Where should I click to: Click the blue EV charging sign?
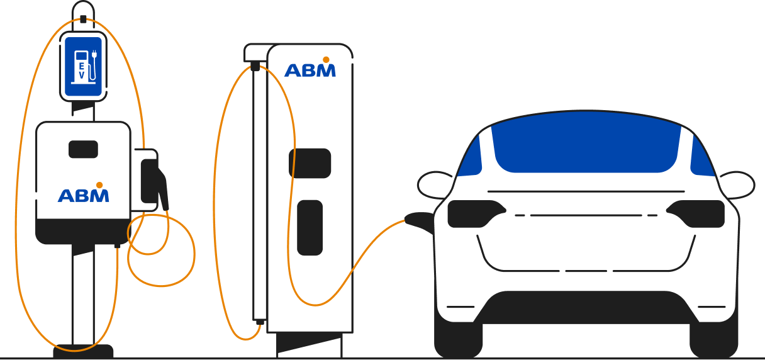point(83,66)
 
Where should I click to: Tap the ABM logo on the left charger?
point(83,193)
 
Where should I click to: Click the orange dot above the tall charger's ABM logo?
point(326,60)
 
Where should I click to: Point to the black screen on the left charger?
point(83,149)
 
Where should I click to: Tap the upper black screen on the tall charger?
point(310,163)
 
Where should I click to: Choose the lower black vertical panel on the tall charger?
point(310,227)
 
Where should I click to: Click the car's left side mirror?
point(435,185)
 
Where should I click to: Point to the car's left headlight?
point(476,214)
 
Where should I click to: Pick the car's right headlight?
point(696,214)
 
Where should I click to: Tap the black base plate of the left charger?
point(83,351)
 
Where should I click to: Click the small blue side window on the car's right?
point(703,155)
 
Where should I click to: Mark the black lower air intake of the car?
point(586,307)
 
